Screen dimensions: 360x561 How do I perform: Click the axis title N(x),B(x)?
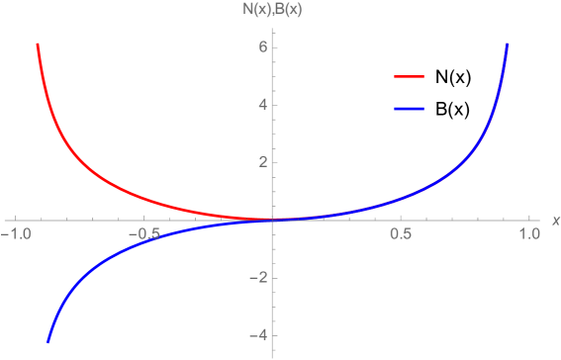pos(273,12)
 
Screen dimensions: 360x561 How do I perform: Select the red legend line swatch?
pos(409,76)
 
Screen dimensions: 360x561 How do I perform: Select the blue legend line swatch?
pos(409,108)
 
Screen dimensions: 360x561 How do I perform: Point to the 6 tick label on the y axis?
pos(262,47)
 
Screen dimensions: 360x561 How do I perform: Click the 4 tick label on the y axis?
pos(262,105)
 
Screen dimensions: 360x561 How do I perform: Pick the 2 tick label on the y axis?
pos(262,162)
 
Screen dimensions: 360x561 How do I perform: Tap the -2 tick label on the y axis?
pos(258,278)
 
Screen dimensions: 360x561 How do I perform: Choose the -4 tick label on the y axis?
pos(258,335)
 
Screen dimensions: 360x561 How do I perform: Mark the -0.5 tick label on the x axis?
pos(142,234)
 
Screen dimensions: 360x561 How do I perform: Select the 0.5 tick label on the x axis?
pos(401,234)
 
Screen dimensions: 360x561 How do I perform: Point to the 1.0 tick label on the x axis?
pos(528,234)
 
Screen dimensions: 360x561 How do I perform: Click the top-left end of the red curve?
pos(38,45)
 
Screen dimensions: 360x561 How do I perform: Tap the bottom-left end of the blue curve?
pos(47,342)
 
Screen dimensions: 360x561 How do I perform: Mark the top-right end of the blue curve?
pos(508,45)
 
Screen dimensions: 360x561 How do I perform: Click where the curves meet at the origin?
pos(273,220)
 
